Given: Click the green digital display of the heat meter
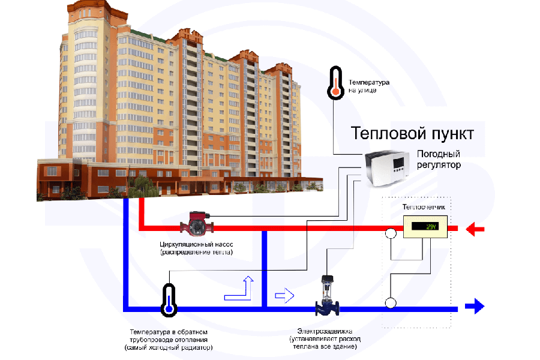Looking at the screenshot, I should click(425, 227).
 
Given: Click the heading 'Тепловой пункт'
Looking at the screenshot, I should click(412, 132).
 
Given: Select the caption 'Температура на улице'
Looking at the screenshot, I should click(370, 86).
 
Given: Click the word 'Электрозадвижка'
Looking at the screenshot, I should click(324, 331).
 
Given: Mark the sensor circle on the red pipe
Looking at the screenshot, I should click(391, 233).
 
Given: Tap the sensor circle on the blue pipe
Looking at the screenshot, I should click(391, 302).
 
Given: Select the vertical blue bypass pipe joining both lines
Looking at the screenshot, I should click(264, 269).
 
